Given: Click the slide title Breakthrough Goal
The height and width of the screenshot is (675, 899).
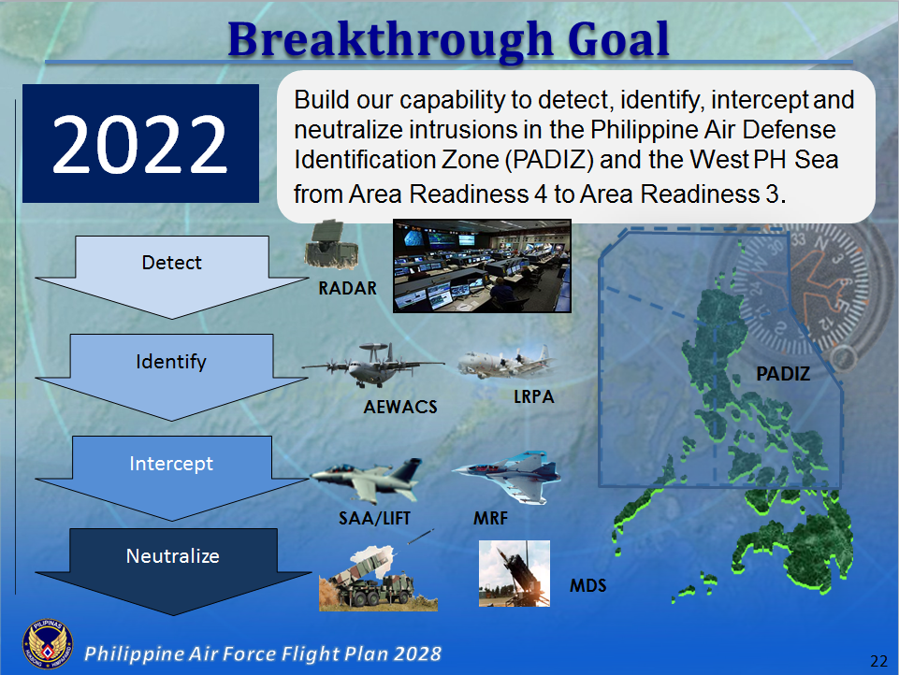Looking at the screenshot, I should (449, 39).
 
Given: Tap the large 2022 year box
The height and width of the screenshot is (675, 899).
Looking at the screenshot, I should (139, 144).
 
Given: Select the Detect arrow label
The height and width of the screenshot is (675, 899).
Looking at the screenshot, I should (171, 263).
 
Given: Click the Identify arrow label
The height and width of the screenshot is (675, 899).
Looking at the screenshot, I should (171, 362).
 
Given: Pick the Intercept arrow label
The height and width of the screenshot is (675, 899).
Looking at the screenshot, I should (171, 464).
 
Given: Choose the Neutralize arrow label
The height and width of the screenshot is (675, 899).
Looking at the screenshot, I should (172, 556).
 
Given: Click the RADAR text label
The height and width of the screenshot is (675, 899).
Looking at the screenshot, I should (347, 289).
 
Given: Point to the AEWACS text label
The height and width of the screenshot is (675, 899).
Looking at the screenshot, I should (400, 408).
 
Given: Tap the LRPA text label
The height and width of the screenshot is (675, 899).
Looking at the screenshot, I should (533, 397).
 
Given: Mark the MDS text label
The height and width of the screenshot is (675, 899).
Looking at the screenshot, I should (588, 586).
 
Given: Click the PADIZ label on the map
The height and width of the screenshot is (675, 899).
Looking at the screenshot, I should (783, 375).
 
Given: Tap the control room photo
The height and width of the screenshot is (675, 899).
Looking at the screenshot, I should (481, 266).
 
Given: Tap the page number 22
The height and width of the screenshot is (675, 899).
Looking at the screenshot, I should (877, 661).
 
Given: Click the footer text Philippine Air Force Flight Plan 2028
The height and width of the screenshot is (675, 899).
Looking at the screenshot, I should (263, 653).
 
